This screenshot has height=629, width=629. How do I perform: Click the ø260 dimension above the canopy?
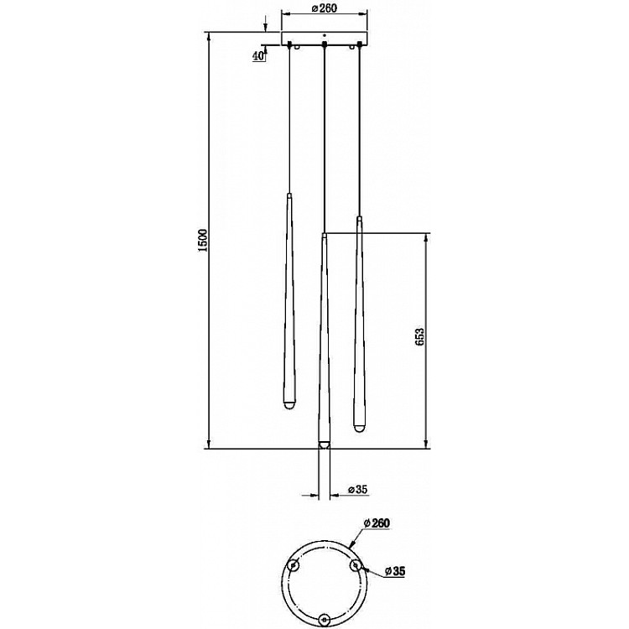click(324, 9)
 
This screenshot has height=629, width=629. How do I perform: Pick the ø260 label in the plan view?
click(377, 522)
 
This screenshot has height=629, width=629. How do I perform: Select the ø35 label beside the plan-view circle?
click(398, 572)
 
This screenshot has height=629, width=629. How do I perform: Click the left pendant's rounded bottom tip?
click(287, 406)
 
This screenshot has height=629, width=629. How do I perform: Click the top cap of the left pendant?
click(288, 195)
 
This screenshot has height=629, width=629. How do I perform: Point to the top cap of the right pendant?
click(359, 221)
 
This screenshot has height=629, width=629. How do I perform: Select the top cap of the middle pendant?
click(323, 238)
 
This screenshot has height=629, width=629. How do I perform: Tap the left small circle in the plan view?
click(294, 565)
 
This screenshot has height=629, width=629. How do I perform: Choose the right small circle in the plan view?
click(356, 565)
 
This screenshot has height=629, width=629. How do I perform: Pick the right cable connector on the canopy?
click(359, 44)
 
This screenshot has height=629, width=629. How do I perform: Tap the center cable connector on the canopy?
click(323, 44)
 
